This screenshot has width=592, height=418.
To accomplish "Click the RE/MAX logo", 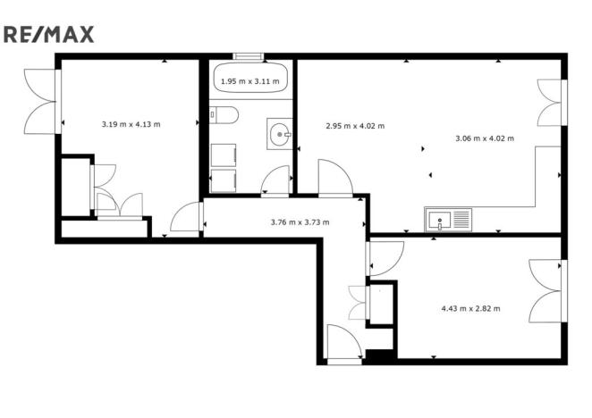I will [49, 34].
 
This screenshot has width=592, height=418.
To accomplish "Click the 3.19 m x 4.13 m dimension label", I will [131, 123].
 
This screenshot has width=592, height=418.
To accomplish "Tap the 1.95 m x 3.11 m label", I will [249, 82].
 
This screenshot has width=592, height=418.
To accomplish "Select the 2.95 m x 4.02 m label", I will [356, 126].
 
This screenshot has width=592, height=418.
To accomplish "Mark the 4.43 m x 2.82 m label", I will [470, 308].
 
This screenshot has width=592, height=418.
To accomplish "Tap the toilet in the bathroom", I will [223, 115].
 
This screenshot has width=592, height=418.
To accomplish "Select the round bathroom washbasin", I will [281, 135].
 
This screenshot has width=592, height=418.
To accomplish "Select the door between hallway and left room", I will [187, 219].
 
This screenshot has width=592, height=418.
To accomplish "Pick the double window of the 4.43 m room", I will [547, 292].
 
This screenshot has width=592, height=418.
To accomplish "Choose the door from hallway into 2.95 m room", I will [335, 179].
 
